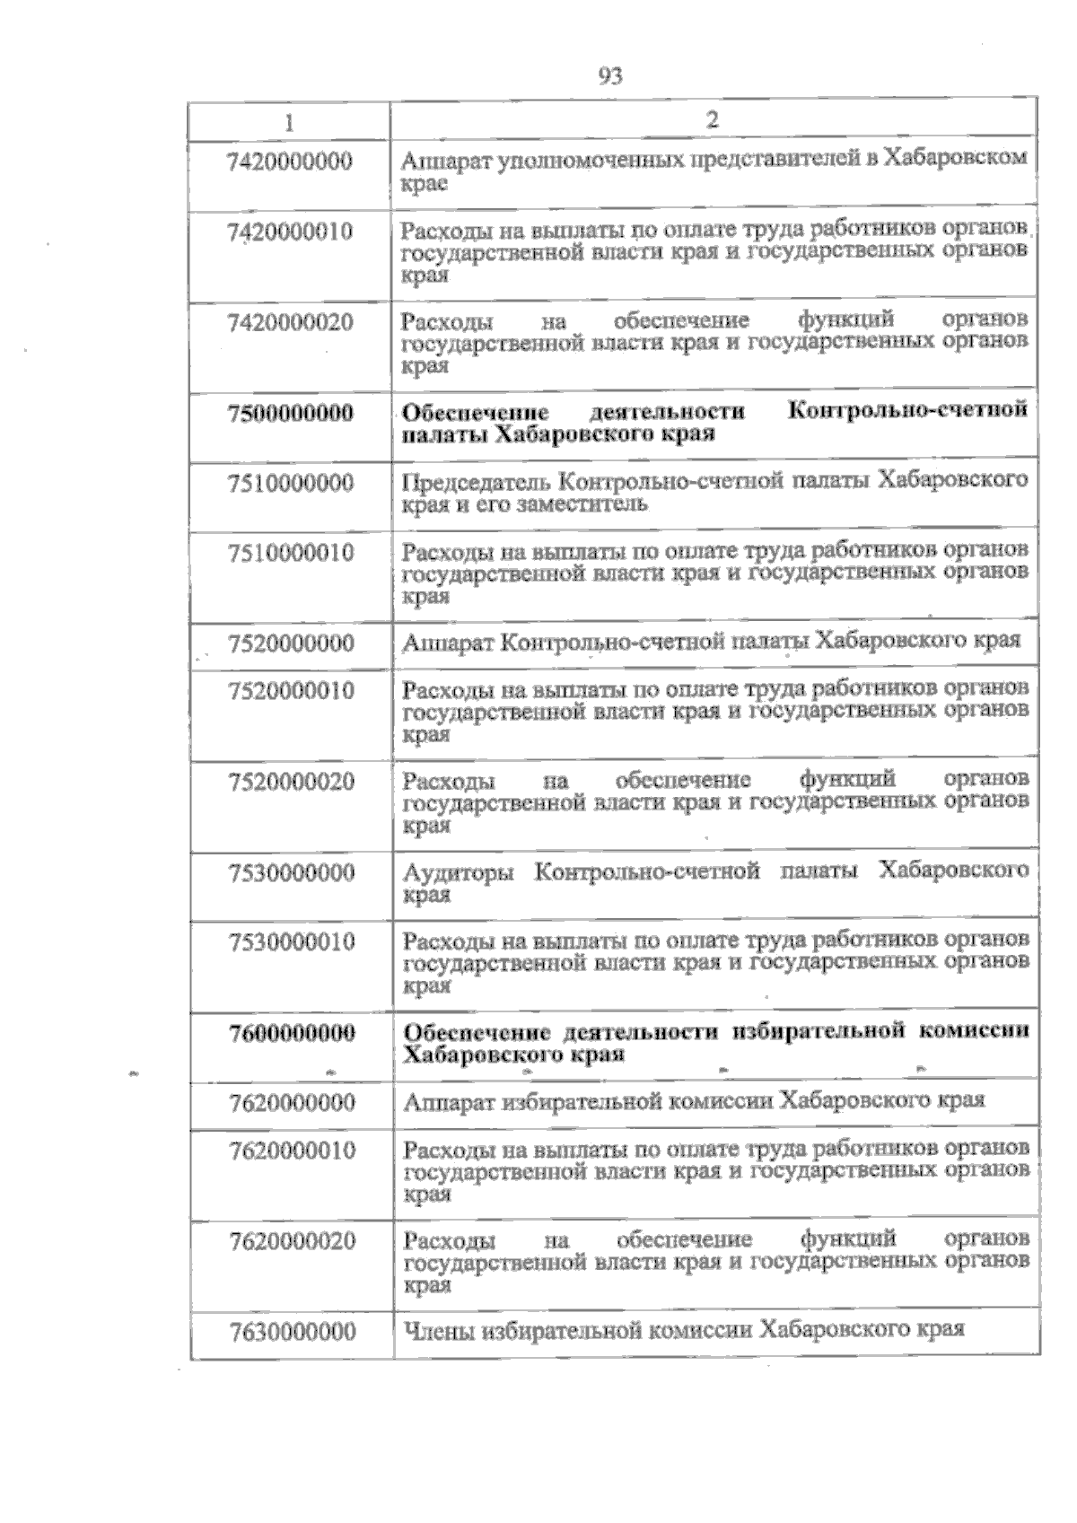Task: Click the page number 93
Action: click(x=609, y=76)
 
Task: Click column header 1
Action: click(x=289, y=120)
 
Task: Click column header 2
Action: click(x=713, y=119)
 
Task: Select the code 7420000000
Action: click(x=289, y=162)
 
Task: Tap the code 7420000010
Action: click(x=289, y=232)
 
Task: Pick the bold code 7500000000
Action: click(x=290, y=413)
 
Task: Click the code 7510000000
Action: click(x=290, y=483)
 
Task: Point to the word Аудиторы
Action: click(x=458, y=871)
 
